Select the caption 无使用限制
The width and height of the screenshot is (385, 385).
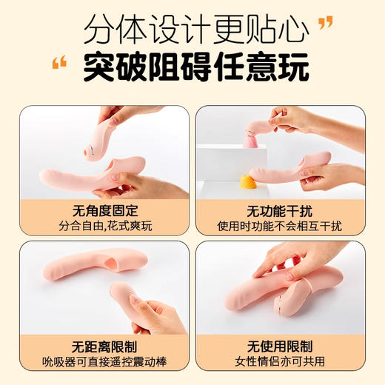(280, 346)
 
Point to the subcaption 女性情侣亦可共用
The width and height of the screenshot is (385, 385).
(280, 362)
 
